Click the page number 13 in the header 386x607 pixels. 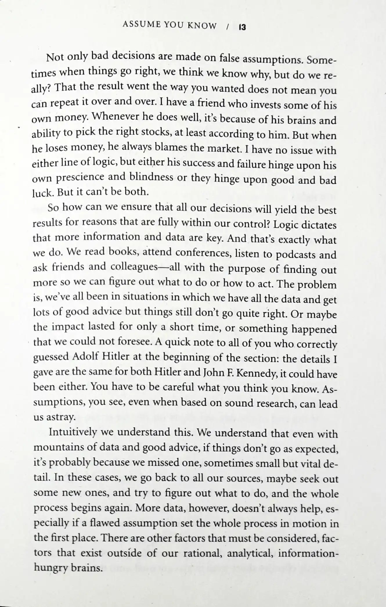242,27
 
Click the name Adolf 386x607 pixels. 86,356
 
